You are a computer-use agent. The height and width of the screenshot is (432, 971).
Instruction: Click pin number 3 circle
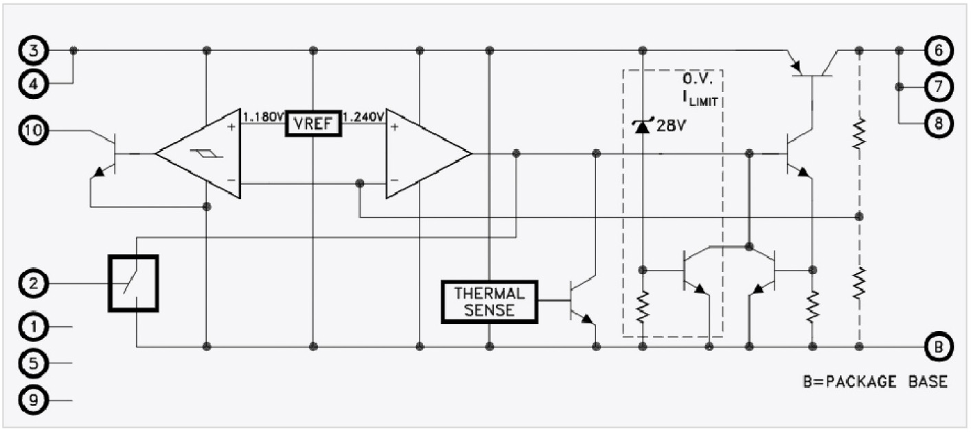click(33, 51)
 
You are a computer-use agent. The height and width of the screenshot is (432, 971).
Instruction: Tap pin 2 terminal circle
click(33, 282)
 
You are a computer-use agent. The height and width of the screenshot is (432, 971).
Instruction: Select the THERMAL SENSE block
click(490, 302)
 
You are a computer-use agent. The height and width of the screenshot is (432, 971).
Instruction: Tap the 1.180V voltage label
click(264, 116)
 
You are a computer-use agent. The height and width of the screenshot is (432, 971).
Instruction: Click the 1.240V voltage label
click(364, 116)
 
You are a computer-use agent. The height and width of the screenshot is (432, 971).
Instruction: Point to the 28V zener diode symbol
click(642, 126)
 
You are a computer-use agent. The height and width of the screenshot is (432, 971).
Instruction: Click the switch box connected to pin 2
click(133, 282)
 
